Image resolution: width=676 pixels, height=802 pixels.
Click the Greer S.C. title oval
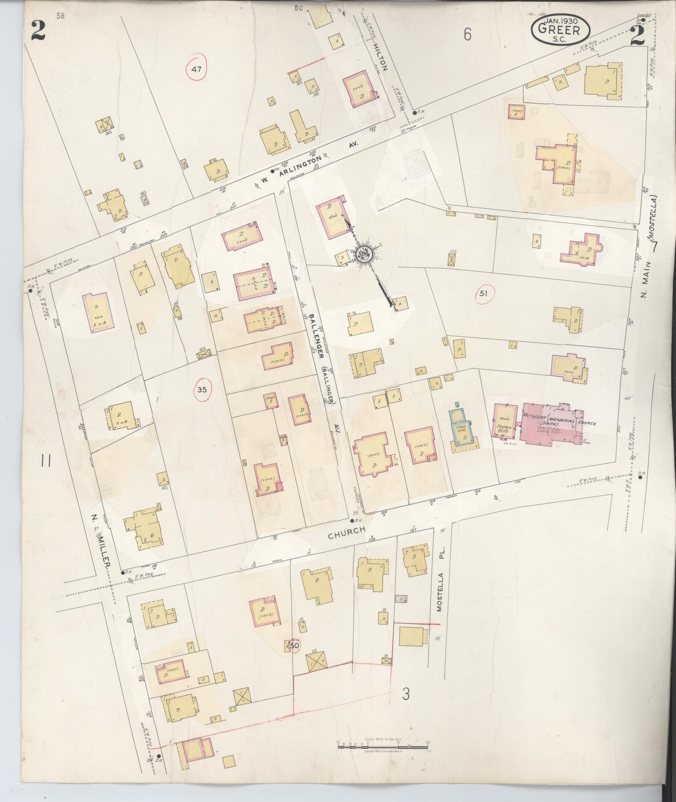[x=560, y=28]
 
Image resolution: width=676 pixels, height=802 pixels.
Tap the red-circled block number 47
[x=197, y=69]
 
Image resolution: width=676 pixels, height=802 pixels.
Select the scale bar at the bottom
[x=383, y=754]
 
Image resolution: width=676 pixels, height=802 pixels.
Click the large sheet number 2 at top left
[x=38, y=30]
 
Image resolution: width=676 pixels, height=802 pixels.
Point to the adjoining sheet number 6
[x=467, y=35]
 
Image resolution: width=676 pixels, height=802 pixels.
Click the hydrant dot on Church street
[x=352, y=521]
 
